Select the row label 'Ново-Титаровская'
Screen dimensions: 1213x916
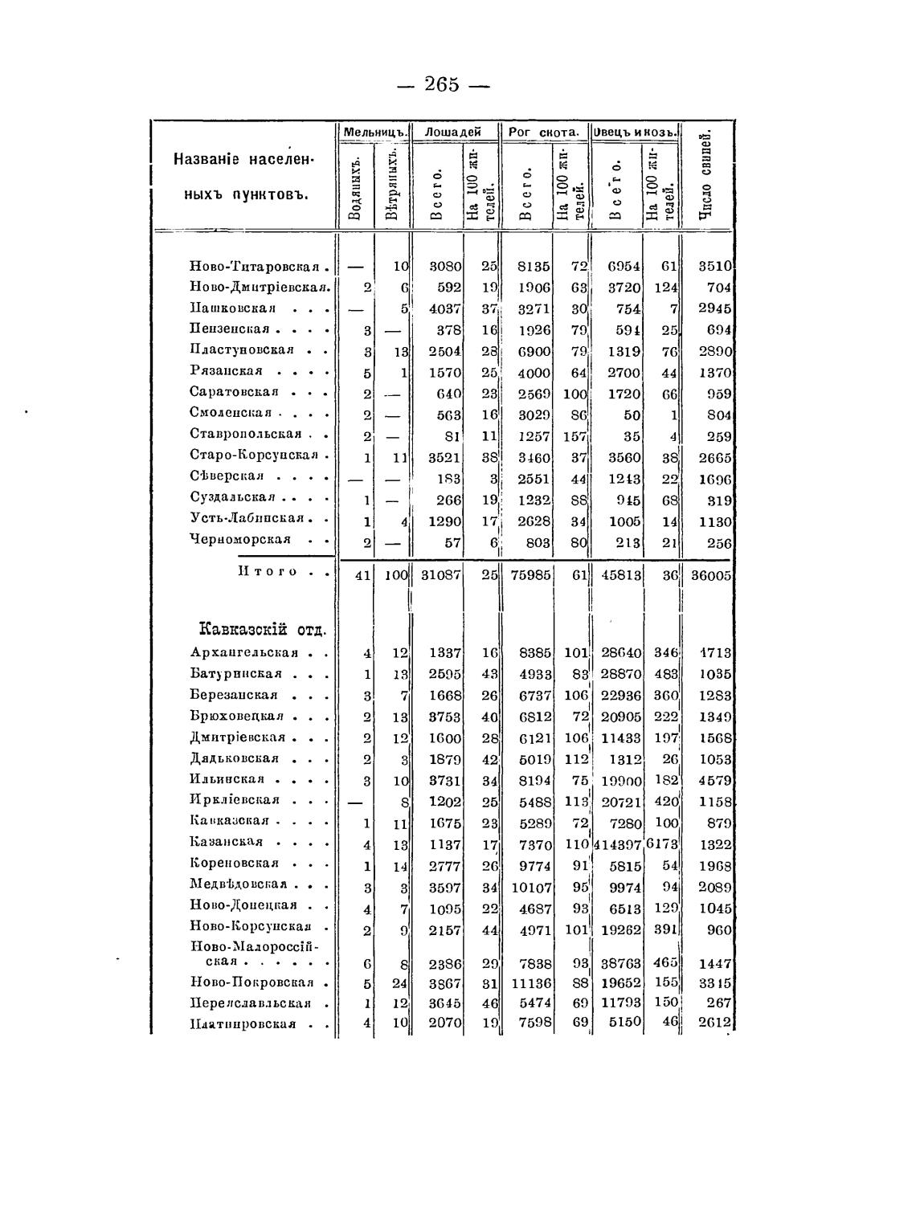pos(254,267)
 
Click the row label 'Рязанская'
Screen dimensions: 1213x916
pos(227,371)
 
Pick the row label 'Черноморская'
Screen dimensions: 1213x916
pos(239,539)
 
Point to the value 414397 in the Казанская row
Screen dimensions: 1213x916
pos(619,845)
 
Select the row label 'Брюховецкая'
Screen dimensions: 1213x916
pos(237,717)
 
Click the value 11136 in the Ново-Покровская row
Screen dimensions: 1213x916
pos(530,982)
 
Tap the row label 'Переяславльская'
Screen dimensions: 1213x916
pos(250,1003)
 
